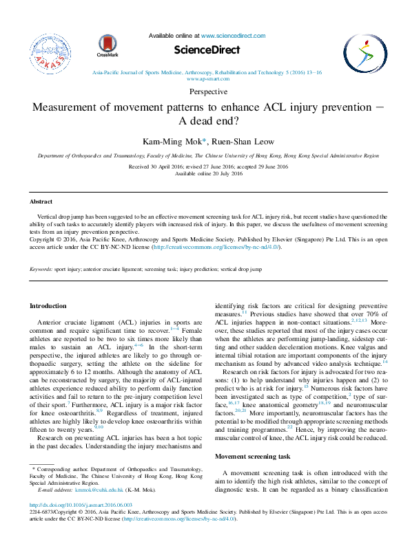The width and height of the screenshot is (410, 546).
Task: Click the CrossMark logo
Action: [x=107, y=45]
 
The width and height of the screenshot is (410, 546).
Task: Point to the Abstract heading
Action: [x=40, y=201]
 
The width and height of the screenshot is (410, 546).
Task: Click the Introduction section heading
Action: [x=48, y=305]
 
